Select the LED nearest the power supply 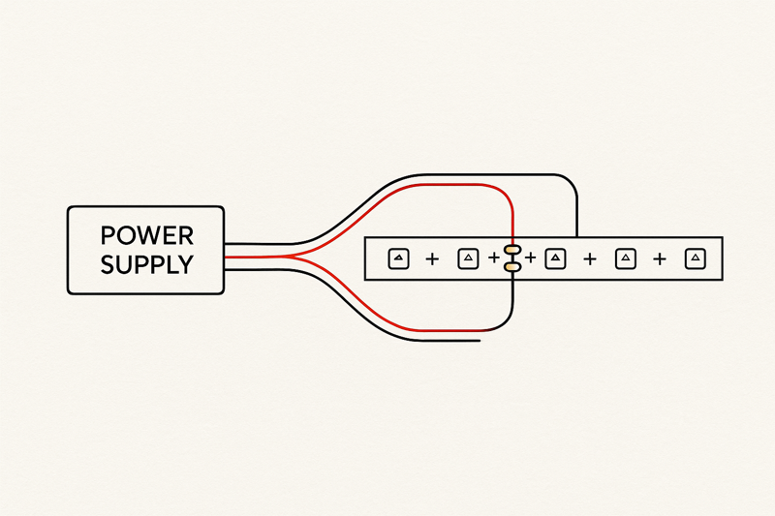point(399,258)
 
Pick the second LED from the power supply point(468,258)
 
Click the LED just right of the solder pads point(555,258)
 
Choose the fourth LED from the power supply point(626,258)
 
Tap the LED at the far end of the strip point(695,258)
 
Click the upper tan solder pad point(512,250)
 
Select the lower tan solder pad point(512,266)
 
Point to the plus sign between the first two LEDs point(432,259)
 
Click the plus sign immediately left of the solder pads point(494,258)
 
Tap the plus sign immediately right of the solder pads point(530,258)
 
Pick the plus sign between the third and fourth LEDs point(589,259)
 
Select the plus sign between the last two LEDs point(660,259)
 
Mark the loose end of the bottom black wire point(479,340)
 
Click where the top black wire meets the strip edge point(577,236)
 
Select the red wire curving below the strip point(426,329)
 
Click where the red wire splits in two point(291,258)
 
